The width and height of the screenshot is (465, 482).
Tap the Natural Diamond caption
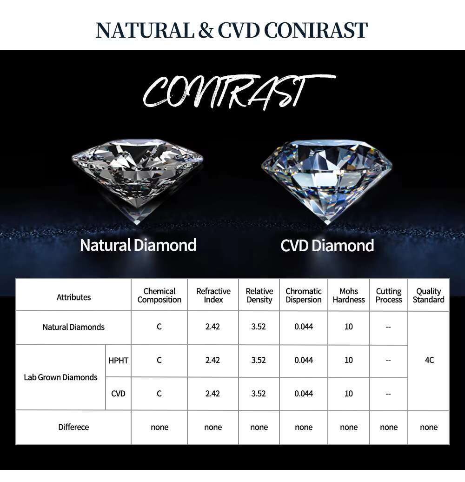click(138, 245)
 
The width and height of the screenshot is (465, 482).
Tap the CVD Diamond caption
click(327, 246)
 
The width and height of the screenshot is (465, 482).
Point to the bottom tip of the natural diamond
click(138, 224)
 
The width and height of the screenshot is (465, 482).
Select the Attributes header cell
click(74, 297)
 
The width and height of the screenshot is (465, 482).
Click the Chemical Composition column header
click(159, 295)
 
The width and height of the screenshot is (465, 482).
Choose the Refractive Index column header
click(213, 295)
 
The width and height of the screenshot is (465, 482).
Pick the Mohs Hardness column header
click(349, 295)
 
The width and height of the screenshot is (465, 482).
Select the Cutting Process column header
click(389, 295)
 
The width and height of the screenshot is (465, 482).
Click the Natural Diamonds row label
click(73, 327)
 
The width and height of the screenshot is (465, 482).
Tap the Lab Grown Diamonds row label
click(60, 377)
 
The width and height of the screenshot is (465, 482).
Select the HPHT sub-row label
click(118, 360)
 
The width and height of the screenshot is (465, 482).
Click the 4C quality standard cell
click(429, 360)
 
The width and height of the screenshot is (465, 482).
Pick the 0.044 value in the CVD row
click(304, 394)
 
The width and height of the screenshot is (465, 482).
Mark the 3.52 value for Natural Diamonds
click(258, 327)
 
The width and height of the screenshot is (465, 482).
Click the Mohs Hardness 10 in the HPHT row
click(349, 360)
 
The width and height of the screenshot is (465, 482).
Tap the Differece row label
click(73, 427)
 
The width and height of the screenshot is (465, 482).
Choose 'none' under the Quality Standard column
click(428, 427)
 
